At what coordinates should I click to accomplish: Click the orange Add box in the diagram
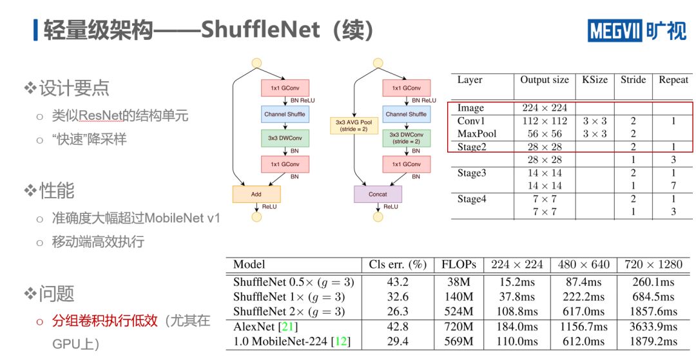(256, 194)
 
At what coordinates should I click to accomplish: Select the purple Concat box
(378, 194)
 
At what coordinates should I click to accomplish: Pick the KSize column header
(594, 80)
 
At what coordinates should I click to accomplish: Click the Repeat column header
(673, 80)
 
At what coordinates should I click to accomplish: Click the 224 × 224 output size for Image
(545, 108)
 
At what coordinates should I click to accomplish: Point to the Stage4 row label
(472, 199)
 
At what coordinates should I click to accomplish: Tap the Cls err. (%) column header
(398, 265)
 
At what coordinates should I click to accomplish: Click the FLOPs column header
(459, 265)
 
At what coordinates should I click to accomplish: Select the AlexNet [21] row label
(266, 327)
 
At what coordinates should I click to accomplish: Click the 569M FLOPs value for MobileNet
(459, 341)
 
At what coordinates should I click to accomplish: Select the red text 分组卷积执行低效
(105, 321)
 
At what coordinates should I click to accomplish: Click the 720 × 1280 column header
(653, 265)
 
